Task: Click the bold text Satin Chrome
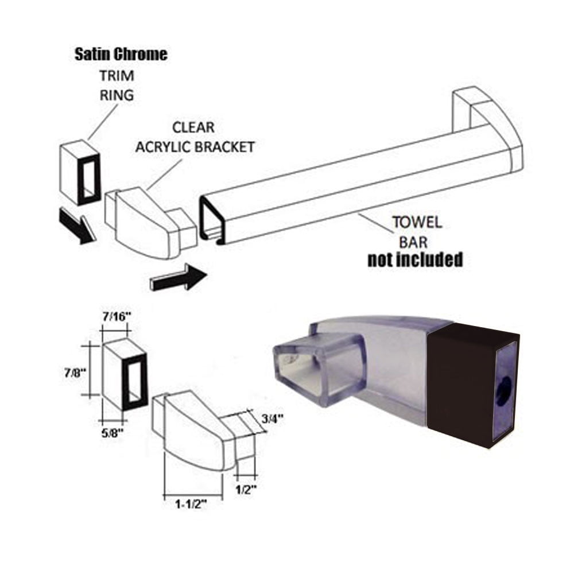[121, 54]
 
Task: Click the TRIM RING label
[117, 86]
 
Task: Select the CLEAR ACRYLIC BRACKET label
[195, 137]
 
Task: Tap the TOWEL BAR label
[417, 232]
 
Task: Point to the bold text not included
[415, 259]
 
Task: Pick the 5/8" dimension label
[113, 433]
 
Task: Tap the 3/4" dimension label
[272, 418]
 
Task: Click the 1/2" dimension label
[245, 490]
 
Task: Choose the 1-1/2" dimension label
[191, 505]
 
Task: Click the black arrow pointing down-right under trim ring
[77, 226]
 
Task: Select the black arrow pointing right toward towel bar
[179, 277]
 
